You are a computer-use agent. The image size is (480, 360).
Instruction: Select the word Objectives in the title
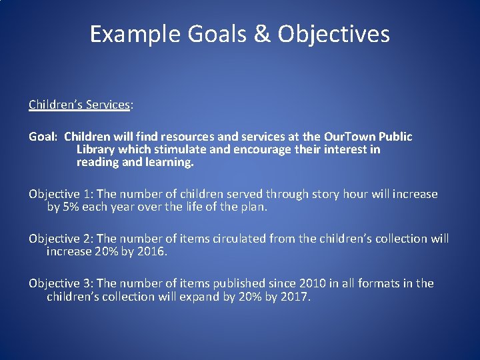tap(333, 34)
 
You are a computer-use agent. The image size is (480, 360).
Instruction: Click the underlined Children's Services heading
tap(79, 105)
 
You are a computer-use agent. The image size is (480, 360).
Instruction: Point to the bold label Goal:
tap(43, 137)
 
